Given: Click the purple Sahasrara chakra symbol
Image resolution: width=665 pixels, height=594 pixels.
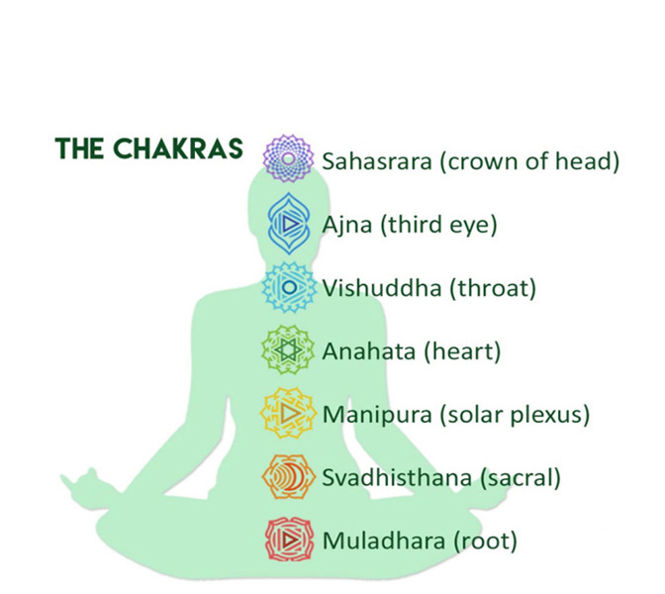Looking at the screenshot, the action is (288, 158).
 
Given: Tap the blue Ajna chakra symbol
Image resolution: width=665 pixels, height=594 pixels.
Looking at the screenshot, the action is (289, 223).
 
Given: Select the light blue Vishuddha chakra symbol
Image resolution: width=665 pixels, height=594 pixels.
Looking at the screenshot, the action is (289, 287).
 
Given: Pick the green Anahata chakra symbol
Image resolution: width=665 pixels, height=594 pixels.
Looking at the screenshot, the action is (288, 350).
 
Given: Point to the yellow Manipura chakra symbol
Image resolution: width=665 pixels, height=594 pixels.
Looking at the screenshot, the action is (288, 413).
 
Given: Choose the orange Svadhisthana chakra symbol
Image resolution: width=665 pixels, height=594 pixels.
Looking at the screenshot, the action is (288, 476).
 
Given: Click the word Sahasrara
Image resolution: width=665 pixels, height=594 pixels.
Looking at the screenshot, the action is (377, 161).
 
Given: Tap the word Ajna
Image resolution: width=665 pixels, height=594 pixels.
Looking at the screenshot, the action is (347, 226).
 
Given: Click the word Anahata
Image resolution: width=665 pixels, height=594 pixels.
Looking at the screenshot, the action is (368, 351).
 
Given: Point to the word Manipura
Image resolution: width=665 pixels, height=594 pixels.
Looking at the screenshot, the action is (377, 416).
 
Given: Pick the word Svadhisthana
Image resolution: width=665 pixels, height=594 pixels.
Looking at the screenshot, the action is (397, 477).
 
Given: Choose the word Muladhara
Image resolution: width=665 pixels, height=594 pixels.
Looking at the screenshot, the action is (384, 541).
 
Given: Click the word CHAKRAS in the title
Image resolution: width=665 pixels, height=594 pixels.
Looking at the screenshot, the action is (178, 148).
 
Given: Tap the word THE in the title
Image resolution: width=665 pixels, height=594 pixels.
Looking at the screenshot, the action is (80, 148).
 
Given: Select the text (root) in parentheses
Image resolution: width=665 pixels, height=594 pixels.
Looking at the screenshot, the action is (486, 542).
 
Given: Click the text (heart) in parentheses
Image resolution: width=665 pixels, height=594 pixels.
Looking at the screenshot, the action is (462, 352).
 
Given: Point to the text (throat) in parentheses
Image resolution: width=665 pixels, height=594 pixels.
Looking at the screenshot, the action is (493, 288).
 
